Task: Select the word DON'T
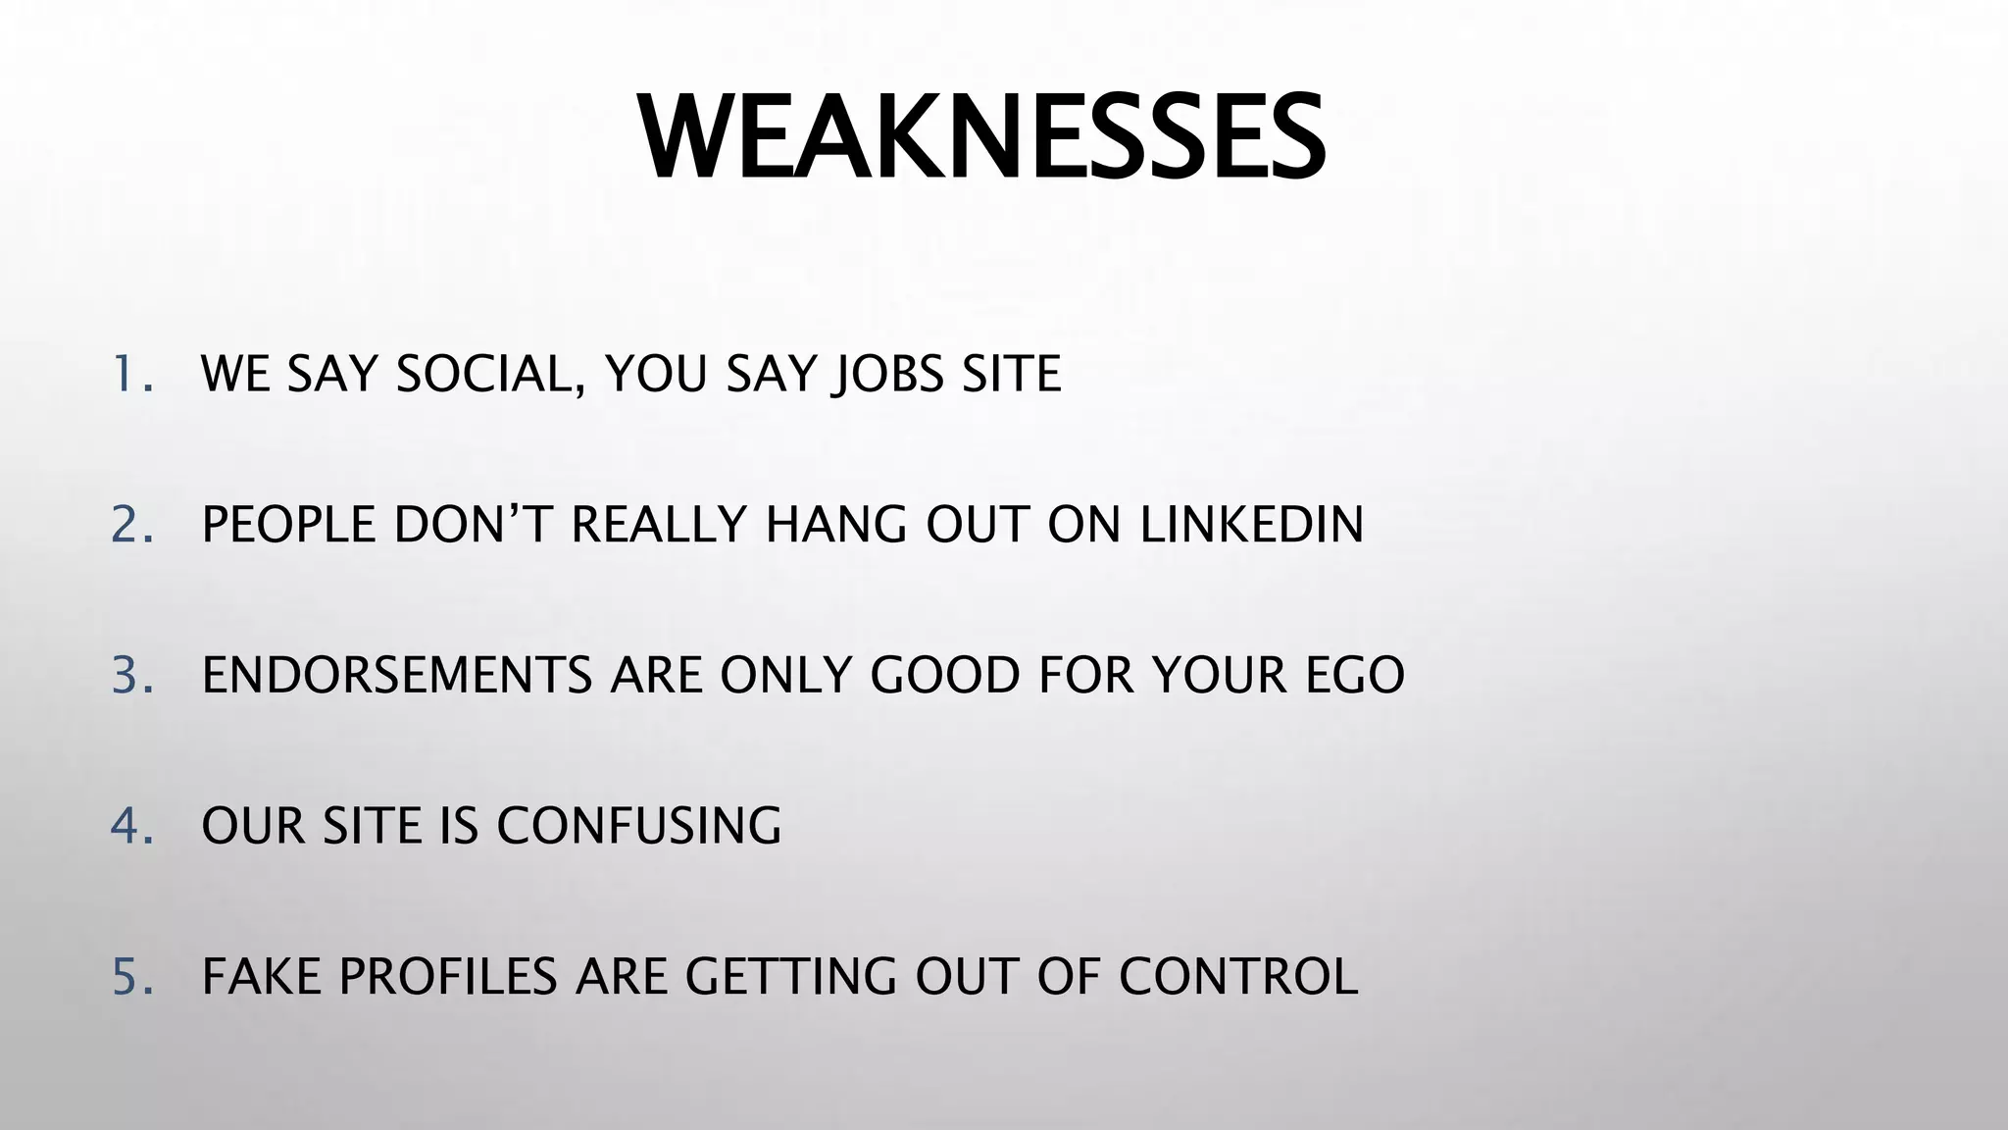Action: click(x=473, y=525)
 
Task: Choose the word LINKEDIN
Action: click(x=1251, y=525)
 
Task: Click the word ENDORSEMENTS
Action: click(x=397, y=675)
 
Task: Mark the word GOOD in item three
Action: click(x=945, y=675)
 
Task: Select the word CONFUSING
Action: click(x=638, y=826)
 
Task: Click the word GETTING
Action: click(x=790, y=977)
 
